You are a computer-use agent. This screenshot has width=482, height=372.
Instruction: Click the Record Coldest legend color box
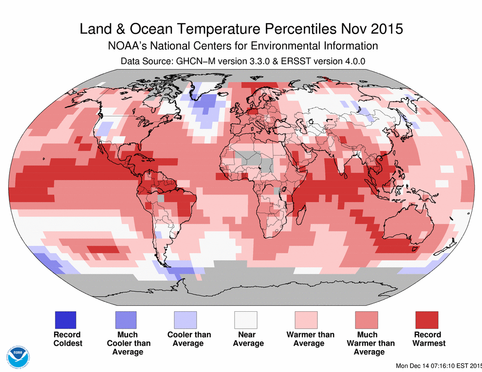pos(65,320)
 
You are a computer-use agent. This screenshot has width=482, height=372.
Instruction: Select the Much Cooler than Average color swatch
pos(125,320)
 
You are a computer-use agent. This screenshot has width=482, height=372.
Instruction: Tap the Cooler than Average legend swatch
pos(185,320)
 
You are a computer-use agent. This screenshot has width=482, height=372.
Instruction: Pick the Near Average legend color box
pos(246,320)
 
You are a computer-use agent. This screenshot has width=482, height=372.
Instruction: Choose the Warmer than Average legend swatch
pos(306,320)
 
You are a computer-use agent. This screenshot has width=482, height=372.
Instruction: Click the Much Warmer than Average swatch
pos(367,320)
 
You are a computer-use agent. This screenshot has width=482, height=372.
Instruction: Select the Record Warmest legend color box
pos(427,320)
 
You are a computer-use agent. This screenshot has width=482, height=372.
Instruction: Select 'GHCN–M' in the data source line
pos(188,62)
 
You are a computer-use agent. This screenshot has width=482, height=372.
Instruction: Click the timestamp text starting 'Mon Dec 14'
pos(438,365)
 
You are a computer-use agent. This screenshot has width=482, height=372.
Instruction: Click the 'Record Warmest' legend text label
pos(429,339)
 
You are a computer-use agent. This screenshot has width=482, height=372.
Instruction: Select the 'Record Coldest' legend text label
pos(67,339)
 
